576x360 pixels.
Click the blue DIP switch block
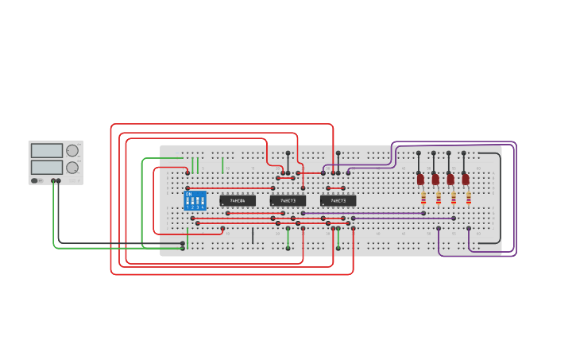195,200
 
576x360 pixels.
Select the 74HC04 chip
238,201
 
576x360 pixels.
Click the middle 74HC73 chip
288,201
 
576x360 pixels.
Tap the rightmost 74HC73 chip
338,201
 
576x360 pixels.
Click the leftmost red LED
420,180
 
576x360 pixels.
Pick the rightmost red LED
466,180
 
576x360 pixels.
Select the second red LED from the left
435,180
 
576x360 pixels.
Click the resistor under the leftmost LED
423,197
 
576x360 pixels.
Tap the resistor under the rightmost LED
469,197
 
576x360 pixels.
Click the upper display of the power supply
47,150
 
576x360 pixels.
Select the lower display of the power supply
47,167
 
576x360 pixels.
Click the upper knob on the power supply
72,150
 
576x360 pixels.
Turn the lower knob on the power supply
72,167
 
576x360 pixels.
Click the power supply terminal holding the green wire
53,180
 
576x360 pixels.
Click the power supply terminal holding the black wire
59,180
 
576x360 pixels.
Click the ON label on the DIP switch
189,193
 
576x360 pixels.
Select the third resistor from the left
454,197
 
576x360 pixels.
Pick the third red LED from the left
450,180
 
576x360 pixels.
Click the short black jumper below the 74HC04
253,235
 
